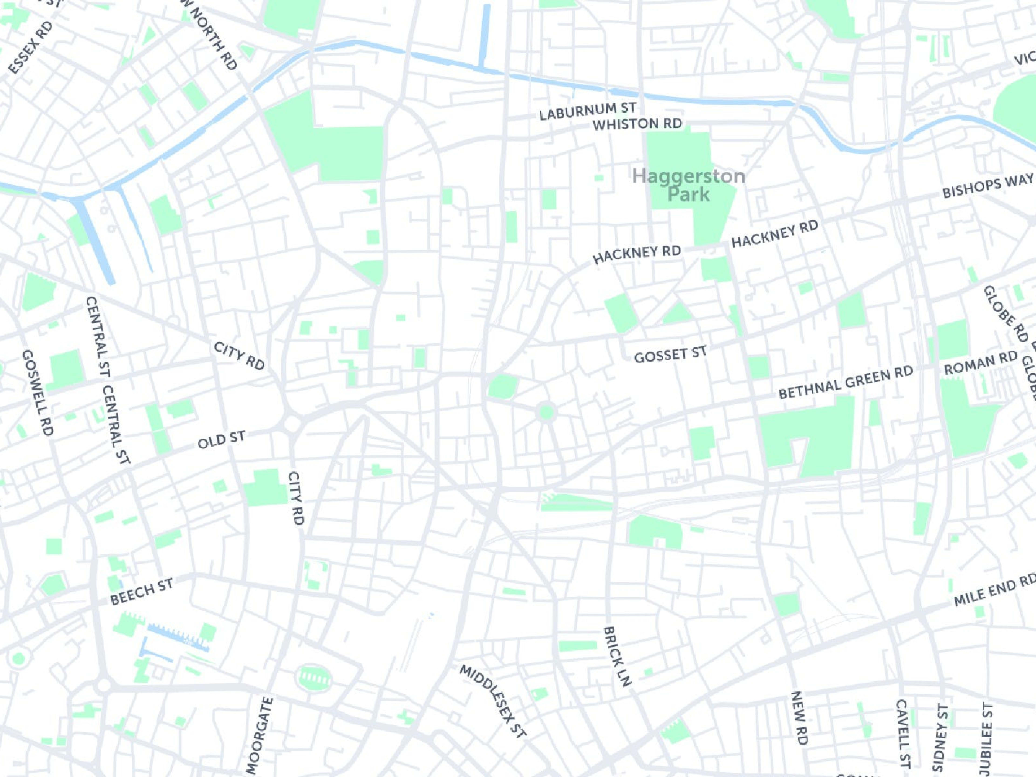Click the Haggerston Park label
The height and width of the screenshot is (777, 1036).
pos(689,185)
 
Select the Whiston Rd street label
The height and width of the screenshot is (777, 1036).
pos(637,124)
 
